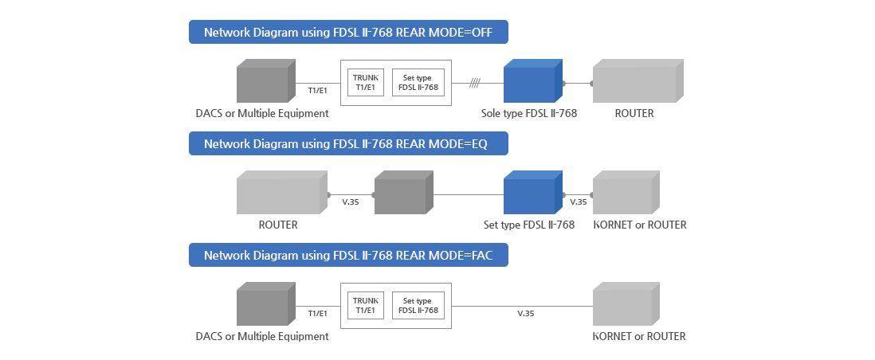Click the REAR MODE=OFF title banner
[x=348, y=33]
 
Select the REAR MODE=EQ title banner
[x=348, y=144]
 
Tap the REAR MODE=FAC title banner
[x=348, y=256]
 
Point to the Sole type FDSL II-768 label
[x=528, y=114]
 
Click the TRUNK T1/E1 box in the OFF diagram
[x=366, y=82]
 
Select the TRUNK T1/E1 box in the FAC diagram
[x=366, y=305]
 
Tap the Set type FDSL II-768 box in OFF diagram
[x=418, y=82]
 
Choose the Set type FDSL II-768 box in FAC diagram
[x=418, y=305]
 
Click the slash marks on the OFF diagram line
[x=474, y=83]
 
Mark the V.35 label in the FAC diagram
[x=525, y=314]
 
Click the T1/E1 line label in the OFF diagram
[x=317, y=91]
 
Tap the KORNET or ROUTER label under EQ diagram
[x=640, y=225]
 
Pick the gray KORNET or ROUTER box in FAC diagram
[x=625, y=307]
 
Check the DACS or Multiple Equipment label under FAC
[x=262, y=337]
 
